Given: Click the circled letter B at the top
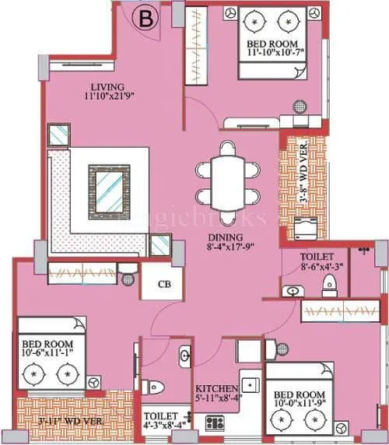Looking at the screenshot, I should pyautogui.click(x=144, y=16).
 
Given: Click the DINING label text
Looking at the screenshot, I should pyautogui.click(x=224, y=238).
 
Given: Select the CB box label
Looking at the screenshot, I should pyautogui.click(x=164, y=284).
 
